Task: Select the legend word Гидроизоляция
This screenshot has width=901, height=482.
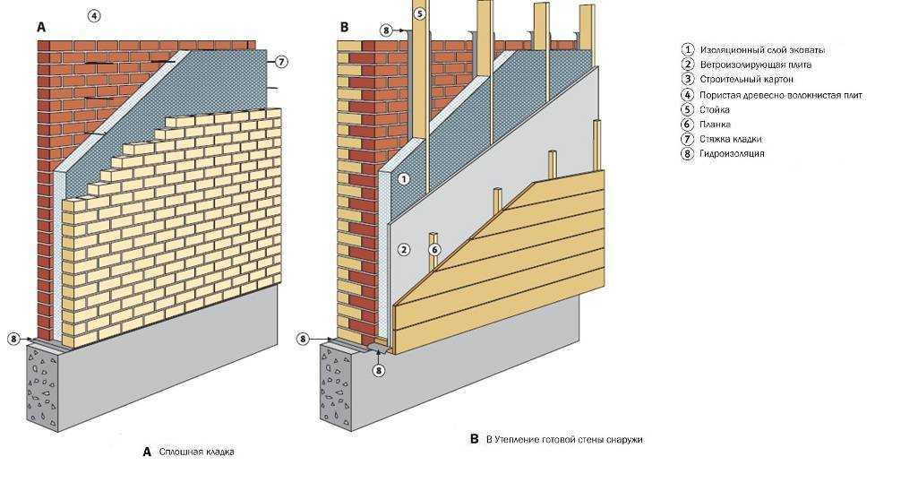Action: [x=734, y=153]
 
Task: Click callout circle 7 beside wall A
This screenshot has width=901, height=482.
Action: [x=281, y=62]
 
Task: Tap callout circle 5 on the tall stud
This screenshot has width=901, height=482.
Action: [x=419, y=14]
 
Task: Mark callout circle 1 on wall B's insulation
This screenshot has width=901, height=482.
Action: [x=404, y=179]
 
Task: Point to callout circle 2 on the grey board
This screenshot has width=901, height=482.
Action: [x=404, y=249]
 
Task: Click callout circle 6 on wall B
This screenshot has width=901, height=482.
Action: [x=434, y=249]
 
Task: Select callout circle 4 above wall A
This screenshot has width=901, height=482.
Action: [x=94, y=15]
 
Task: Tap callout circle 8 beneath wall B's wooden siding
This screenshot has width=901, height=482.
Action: [x=379, y=369]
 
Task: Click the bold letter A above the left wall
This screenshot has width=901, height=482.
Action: [x=41, y=28]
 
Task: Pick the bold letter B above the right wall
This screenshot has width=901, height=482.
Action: [x=344, y=28]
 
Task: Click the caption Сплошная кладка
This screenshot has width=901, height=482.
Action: [x=196, y=452]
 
